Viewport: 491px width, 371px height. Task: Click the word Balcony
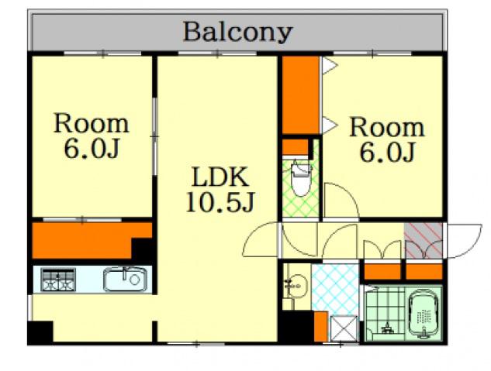(x=237, y=33)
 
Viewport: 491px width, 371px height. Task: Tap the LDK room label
(x=220, y=177)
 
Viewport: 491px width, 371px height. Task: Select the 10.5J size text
(x=220, y=201)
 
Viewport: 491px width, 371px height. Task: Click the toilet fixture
(x=301, y=180)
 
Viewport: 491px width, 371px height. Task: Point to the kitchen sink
(x=125, y=279)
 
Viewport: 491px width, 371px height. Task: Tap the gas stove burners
(x=58, y=280)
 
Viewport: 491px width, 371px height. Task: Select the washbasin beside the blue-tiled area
(x=296, y=285)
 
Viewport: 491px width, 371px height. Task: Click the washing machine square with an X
(x=344, y=328)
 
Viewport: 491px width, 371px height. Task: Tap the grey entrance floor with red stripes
(x=424, y=241)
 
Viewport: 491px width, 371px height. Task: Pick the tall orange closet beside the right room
(x=301, y=95)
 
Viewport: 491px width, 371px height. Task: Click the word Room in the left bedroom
(x=91, y=124)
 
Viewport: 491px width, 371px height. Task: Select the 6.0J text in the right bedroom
(x=387, y=153)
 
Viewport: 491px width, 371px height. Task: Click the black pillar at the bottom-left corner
(x=40, y=332)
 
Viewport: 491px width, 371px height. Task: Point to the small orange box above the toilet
(x=296, y=147)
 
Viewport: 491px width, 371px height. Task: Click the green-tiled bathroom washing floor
(x=386, y=314)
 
